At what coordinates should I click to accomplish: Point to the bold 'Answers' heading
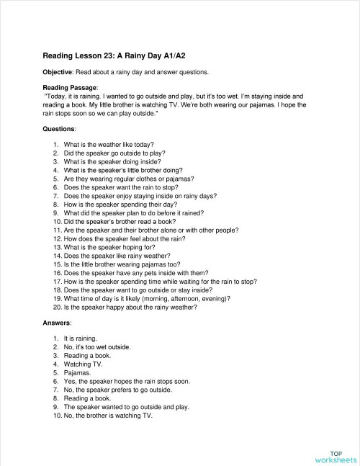(58, 323)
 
